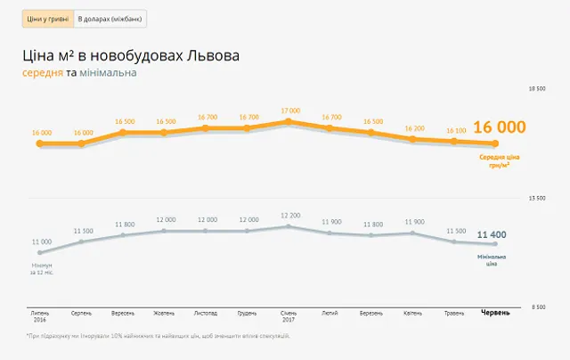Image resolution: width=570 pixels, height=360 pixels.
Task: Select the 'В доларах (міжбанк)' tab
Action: point(110,19)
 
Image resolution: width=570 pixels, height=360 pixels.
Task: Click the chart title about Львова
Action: point(131,56)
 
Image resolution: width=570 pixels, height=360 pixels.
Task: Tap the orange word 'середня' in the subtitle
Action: point(43,72)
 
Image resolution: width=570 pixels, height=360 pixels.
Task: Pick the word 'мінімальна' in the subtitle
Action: point(108,72)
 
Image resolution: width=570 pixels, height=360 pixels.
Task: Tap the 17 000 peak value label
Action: point(290,110)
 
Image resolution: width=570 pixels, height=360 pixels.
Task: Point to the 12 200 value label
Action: point(290,215)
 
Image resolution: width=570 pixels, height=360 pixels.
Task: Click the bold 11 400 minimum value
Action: point(492,234)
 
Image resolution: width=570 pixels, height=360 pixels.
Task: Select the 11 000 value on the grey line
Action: point(41,241)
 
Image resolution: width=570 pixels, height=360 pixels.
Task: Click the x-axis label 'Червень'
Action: point(496,313)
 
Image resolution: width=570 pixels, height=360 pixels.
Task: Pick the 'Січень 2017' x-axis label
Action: point(290,316)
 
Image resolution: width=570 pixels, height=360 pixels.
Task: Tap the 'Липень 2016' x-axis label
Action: point(41,316)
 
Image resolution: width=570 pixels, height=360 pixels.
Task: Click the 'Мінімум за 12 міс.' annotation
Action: point(42,268)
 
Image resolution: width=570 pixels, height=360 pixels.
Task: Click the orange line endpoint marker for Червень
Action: point(497,143)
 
